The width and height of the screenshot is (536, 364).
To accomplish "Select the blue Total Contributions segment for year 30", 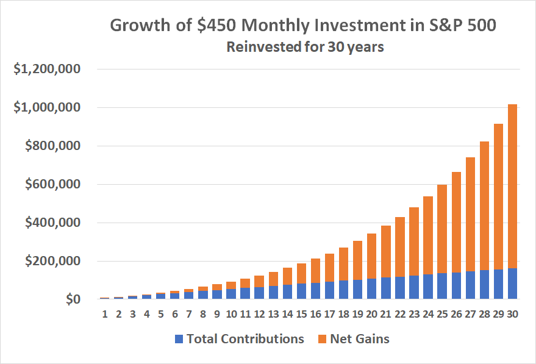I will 512,284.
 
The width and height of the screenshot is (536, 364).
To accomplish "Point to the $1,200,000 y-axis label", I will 48,70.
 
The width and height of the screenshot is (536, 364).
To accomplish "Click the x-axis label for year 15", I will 301,315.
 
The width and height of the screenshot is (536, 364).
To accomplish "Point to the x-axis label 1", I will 105,315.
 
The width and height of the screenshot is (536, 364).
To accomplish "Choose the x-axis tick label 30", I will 512,315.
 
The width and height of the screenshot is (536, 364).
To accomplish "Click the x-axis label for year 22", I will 399,315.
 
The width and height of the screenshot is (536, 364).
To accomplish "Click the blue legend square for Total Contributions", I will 179,339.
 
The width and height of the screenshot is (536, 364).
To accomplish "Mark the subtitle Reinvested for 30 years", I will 305,47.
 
